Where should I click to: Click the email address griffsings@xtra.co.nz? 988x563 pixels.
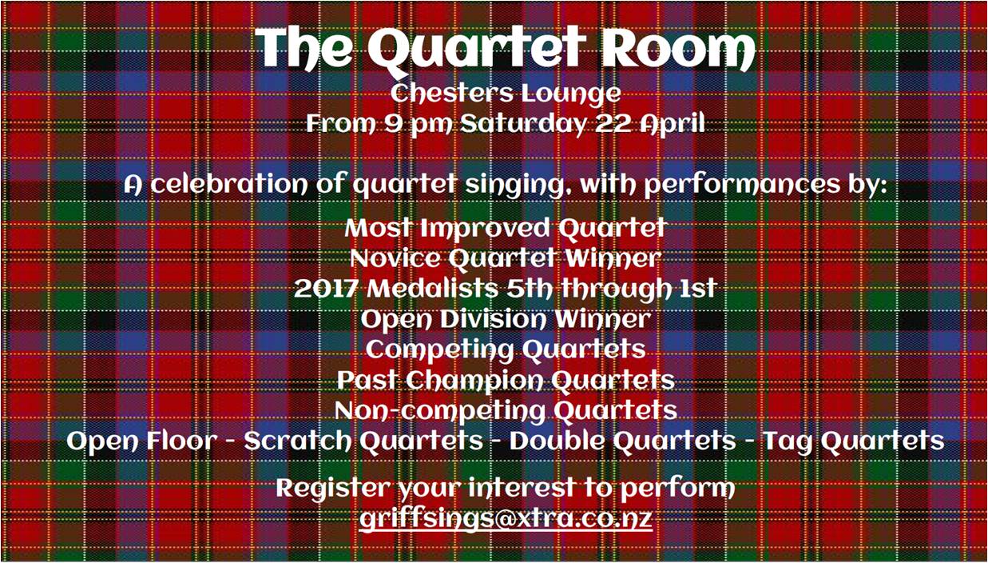[x=506, y=518]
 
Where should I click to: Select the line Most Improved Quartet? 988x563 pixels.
[x=505, y=229]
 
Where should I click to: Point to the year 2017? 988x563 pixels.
[x=326, y=289]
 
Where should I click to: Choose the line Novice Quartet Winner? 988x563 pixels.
[x=506, y=258]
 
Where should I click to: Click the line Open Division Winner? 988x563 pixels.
[x=506, y=320]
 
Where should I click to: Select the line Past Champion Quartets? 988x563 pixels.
[x=506, y=381]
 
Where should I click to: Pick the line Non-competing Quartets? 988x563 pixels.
[x=506, y=411]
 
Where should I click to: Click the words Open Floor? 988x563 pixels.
[x=142, y=441]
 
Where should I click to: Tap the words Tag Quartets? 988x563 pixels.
[x=854, y=441]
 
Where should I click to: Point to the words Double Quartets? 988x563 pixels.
[x=622, y=441]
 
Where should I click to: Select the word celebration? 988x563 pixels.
[x=228, y=185]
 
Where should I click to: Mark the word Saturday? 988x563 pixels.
[x=522, y=124]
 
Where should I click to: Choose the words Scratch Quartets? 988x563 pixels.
[x=363, y=441]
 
